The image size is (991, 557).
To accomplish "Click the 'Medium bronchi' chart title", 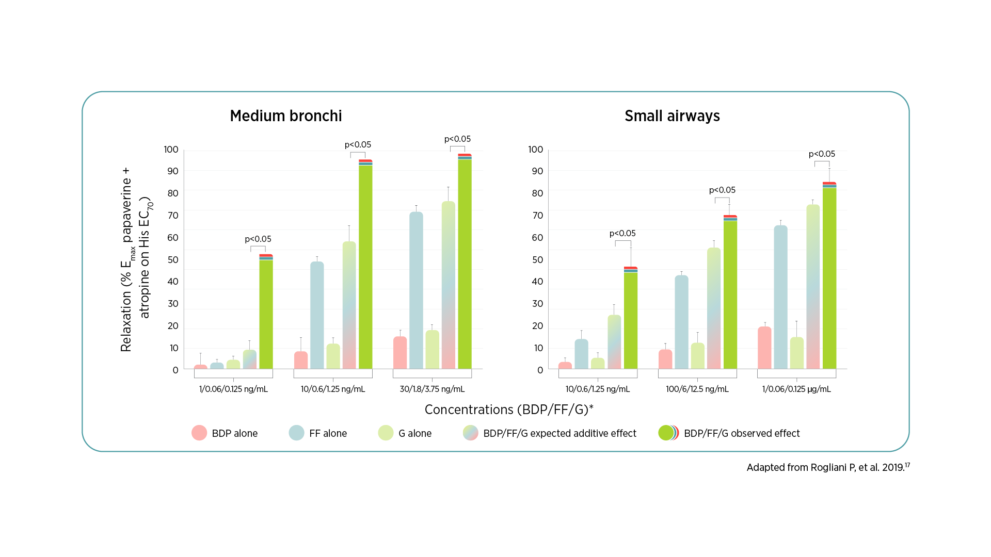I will [x=285, y=116].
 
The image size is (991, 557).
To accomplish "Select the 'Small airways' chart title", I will [x=672, y=116].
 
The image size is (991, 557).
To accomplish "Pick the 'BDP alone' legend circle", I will [x=199, y=433].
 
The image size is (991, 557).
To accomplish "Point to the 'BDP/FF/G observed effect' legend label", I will [x=741, y=433].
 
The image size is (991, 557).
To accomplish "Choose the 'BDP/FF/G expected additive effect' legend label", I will [x=560, y=433].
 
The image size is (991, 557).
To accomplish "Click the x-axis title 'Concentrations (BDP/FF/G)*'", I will [x=508, y=409].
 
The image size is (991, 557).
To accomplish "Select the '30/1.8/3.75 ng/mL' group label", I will [x=432, y=389].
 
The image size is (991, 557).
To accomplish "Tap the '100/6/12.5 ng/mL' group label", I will [x=697, y=389].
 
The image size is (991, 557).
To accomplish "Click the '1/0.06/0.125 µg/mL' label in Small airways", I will [x=796, y=389].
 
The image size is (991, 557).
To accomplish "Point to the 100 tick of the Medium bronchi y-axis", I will [x=171, y=150].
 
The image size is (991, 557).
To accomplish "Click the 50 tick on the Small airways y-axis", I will [x=537, y=260].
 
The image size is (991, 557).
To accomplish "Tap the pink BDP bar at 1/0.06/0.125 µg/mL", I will [x=764, y=348].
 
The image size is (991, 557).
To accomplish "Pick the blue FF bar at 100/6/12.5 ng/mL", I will [x=681, y=322].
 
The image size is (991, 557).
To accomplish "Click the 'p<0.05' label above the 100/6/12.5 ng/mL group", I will [x=722, y=190].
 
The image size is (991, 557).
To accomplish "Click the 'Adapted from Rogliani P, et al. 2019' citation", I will [x=827, y=467].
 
